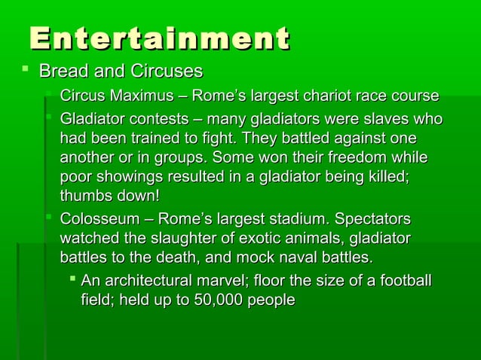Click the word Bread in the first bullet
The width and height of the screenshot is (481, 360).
point(60,72)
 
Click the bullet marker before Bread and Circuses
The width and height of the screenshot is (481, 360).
point(26,71)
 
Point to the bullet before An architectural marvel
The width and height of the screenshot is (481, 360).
point(72,280)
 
